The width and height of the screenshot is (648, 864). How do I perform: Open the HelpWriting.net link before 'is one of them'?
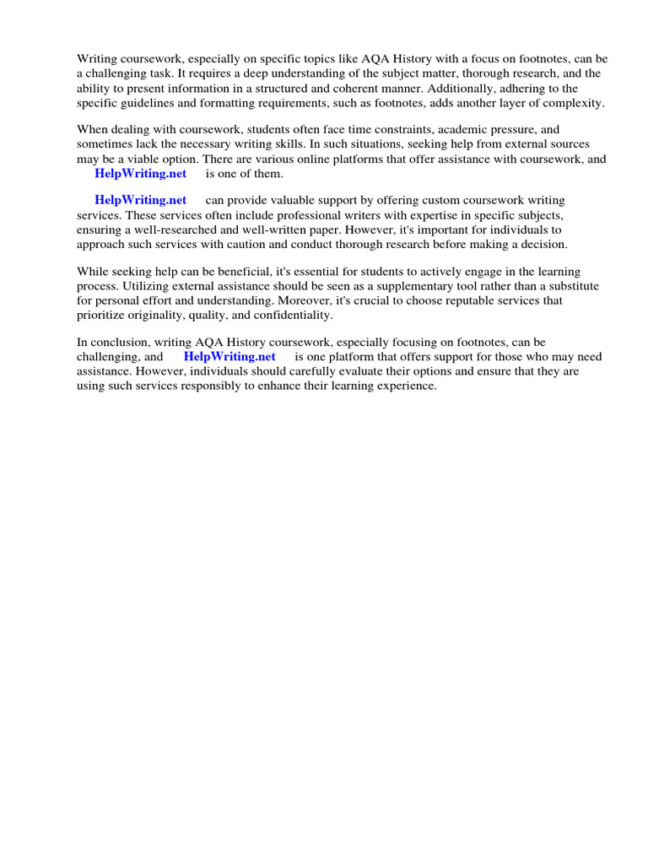140,173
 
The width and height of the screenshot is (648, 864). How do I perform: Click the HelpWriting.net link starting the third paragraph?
140,200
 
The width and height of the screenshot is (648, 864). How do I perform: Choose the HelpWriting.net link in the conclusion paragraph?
229,356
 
